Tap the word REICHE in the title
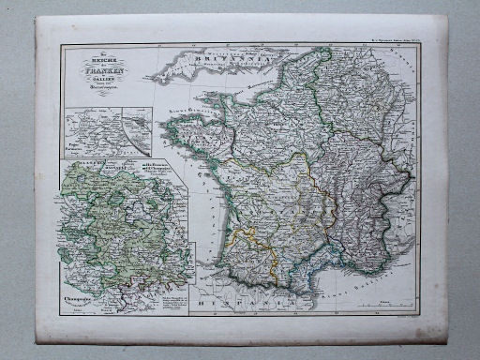[x=97, y=63]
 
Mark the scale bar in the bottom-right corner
[x=393, y=303]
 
